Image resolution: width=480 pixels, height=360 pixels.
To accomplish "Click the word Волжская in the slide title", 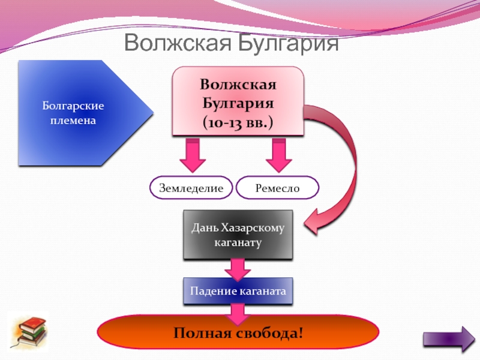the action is (178, 43).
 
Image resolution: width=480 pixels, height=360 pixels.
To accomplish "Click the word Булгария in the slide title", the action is (289, 43).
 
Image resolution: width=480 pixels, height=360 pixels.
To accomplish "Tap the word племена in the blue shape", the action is (73, 121).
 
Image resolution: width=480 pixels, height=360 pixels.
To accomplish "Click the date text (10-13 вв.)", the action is (238, 122).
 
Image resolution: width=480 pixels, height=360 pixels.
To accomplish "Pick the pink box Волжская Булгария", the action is (238, 101).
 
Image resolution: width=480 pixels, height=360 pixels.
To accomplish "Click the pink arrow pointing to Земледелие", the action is (193, 155).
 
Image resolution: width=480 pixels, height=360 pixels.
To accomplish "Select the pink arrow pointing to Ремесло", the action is (278, 155).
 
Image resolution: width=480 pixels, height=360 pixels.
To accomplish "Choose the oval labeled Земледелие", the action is (191, 188).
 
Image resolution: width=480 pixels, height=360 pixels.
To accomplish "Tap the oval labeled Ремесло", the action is (278, 188).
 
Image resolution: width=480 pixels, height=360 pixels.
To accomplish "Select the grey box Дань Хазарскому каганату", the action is (238, 235).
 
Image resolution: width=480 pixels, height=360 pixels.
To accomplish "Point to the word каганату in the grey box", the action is (238, 243).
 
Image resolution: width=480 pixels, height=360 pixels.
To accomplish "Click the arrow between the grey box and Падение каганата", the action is (238, 269).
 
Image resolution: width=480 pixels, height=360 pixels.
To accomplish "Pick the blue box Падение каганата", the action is (238, 291).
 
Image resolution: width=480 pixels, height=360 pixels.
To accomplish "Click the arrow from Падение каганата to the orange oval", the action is (238, 314).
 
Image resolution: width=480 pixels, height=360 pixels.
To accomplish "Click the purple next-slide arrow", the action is (449, 339).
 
